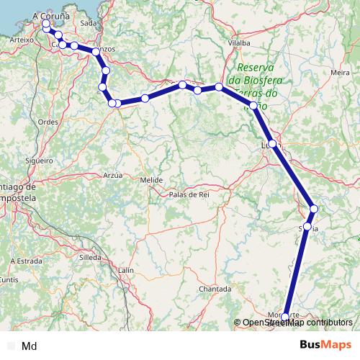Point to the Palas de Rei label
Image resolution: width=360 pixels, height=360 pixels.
pyautogui.click(x=189, y=194)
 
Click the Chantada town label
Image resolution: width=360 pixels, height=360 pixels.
pyautogui.click(x=215, y=289)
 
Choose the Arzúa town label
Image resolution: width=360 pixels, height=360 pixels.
pyautogui.click(x=113, y=175)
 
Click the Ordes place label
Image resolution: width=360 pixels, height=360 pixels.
pyautogui.click(x=48, y=122)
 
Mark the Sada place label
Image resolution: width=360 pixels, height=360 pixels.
pyautogui.click(x=89, y=23)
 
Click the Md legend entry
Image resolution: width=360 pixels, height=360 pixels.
pyautogui.click(x=30, y=346)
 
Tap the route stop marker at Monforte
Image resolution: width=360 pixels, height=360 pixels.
pyautogui.click(x=285, y=317)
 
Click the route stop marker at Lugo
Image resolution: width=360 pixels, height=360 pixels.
pyautogui.click(x=272, y=143)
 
